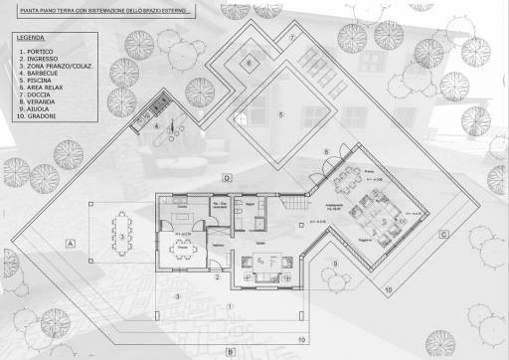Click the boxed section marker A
pyautogui.click(x=71, y=243)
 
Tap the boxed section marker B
pyautogui.click(x=229, y=351)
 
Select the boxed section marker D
pyautogui.click(x=227, y=178)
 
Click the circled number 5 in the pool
pyautogui.click(x=280, y=115)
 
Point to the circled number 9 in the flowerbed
pyautogui.click(x=335, y=262)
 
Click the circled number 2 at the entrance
pyautogui.click(x=217, y=277)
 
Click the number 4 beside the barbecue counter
pyautogui.click(x=156, y=127)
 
